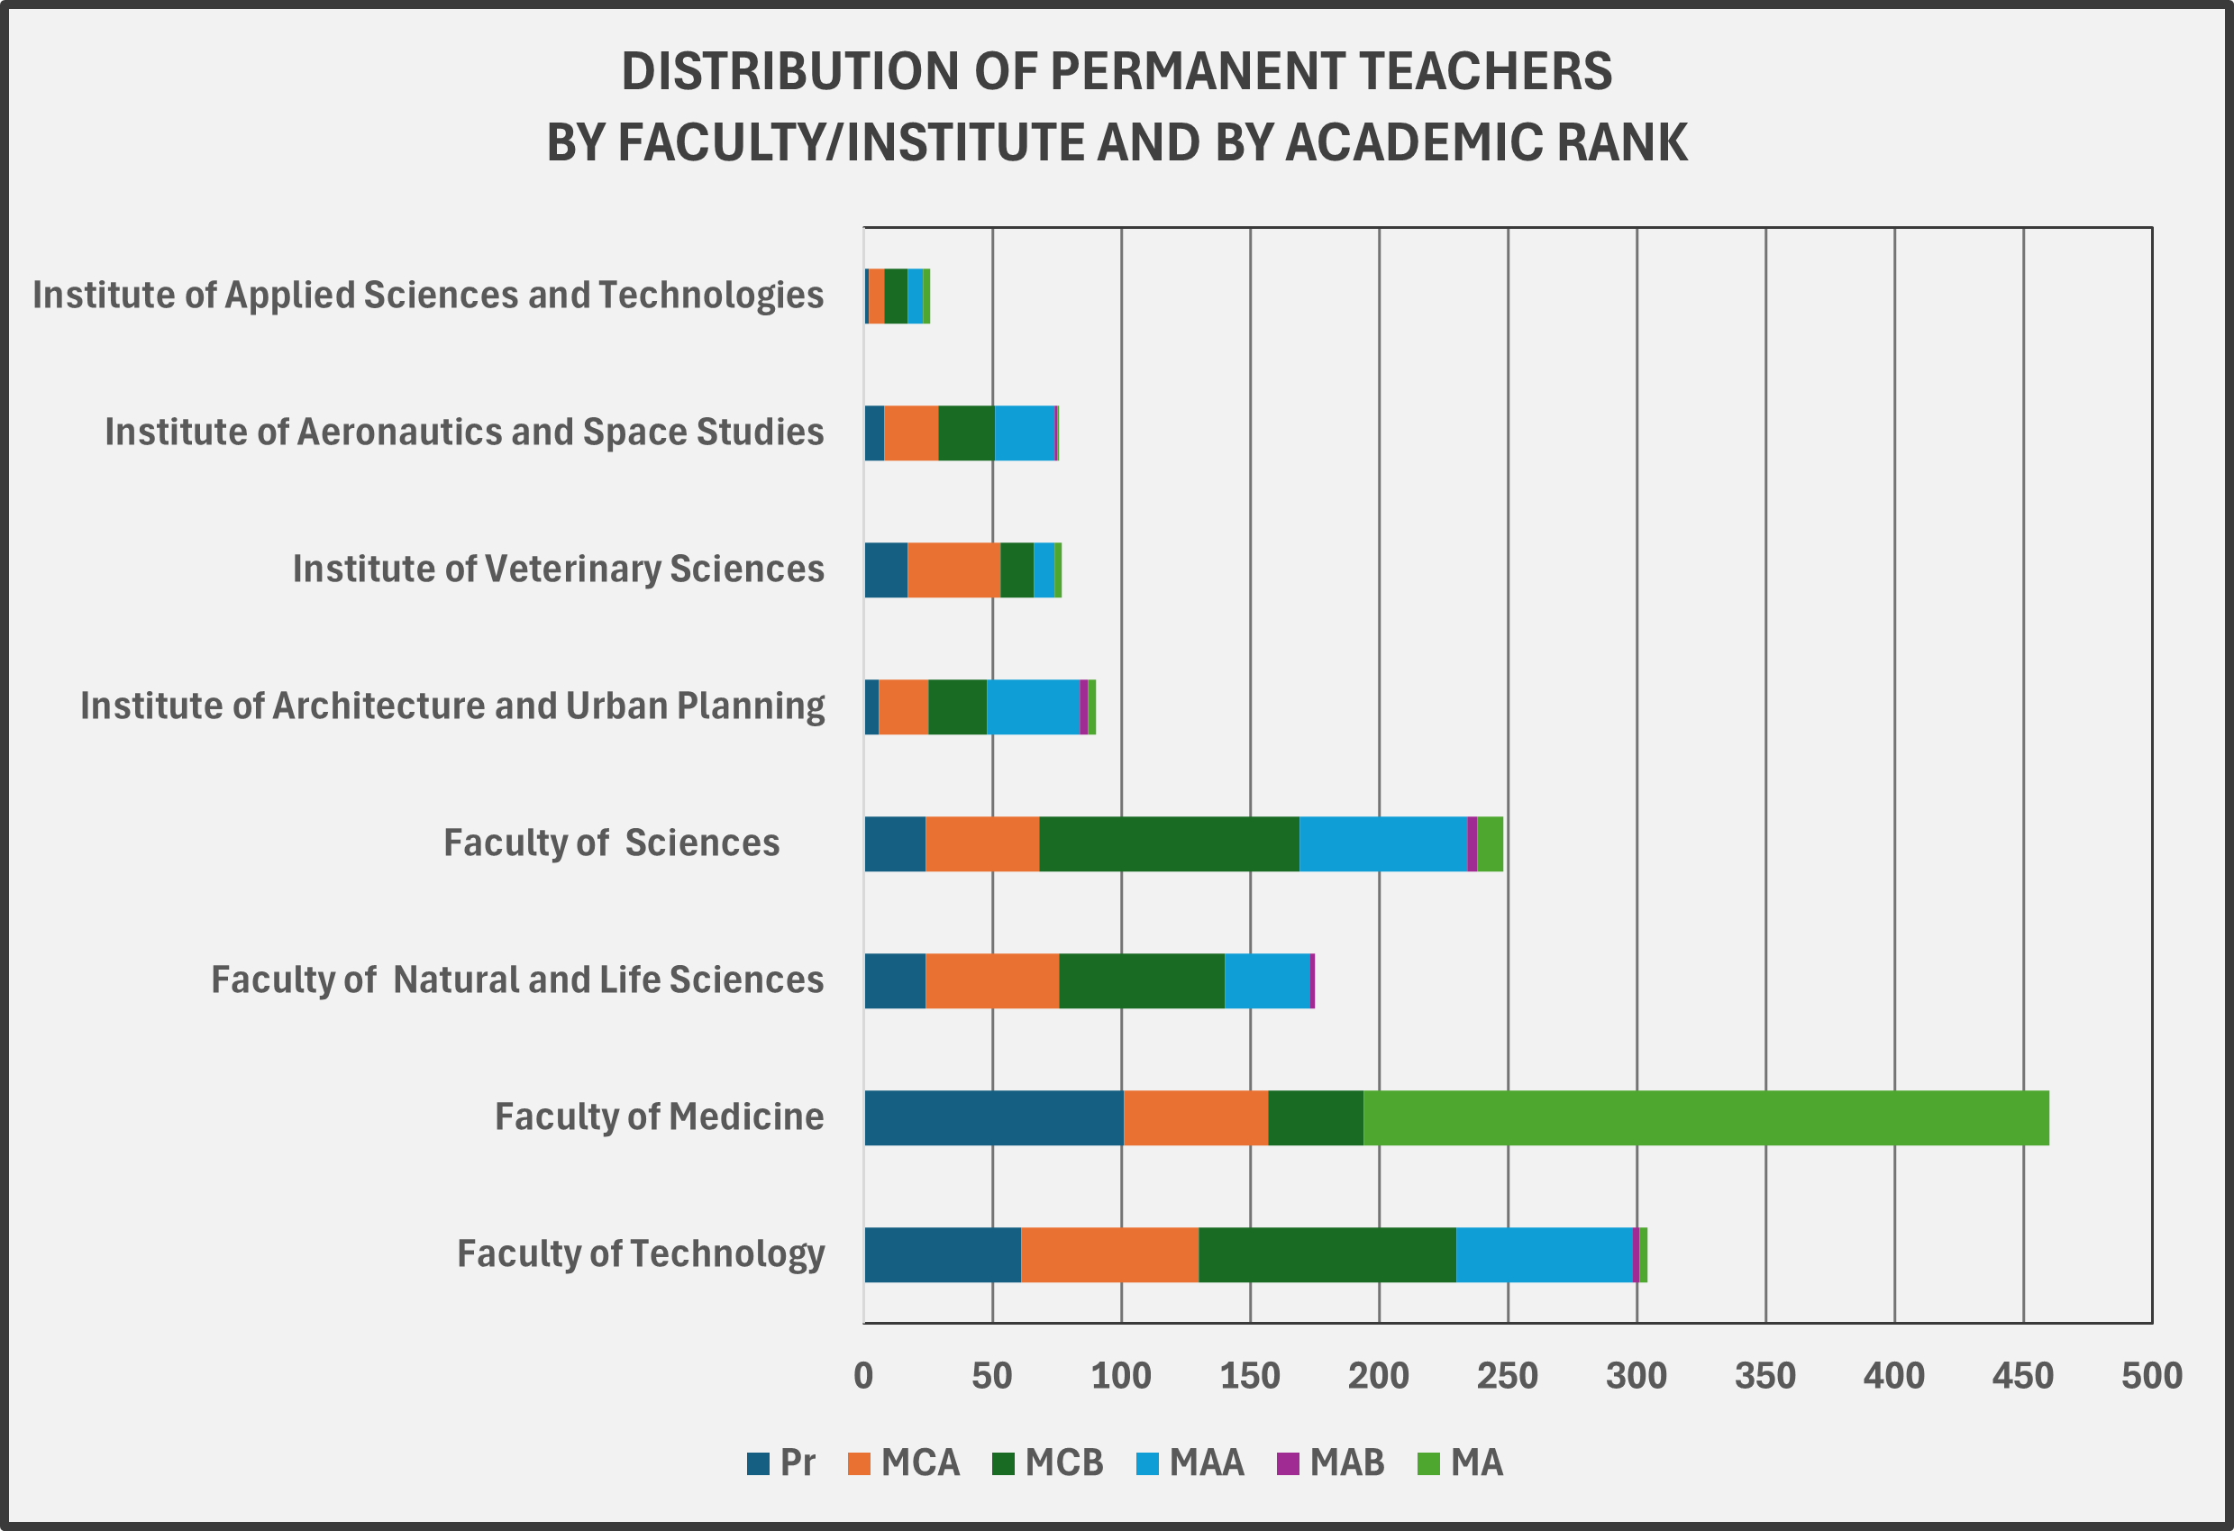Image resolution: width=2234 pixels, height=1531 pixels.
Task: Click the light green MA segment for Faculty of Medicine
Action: [x=1706, y=1117]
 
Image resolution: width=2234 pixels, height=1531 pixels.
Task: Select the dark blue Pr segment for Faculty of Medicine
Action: [x=993, y=1117]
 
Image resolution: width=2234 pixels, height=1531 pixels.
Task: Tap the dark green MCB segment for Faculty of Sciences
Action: [x=1169, y=843]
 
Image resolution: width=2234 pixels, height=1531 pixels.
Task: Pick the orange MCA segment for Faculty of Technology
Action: [x=1109, y=1254]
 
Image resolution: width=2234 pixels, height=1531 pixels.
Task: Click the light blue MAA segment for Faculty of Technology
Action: [x=1544, y=1254]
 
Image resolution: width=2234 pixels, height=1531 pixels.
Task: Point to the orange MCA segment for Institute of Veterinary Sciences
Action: [x=953, y=570]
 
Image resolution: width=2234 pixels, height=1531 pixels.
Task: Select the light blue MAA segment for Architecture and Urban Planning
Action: [x=1034, y=707]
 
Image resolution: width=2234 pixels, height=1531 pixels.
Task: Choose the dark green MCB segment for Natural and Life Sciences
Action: [x=1141, y=981]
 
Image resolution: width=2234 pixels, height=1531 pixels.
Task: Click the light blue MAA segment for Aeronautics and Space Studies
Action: [x=1025, y=433]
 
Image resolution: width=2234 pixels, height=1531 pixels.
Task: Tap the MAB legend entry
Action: [x=1330, y=1463]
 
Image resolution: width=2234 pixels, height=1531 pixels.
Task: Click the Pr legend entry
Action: [x=781, y=1463]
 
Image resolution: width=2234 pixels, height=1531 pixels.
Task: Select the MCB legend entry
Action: [x=1048, y=1463]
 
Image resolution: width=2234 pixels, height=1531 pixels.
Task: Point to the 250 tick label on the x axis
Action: [x=1508, y=1376]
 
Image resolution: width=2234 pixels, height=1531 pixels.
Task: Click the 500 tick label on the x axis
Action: [x=2151, y=1376]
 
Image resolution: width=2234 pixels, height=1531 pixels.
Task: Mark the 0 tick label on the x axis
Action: [x=863, y=1376]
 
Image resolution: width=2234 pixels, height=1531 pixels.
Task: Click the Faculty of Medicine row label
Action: [x=660, y=1116]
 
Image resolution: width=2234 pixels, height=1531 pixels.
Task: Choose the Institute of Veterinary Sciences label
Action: [x=559, y=569]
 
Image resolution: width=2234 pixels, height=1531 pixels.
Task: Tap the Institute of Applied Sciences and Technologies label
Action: [x=428, y=295]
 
